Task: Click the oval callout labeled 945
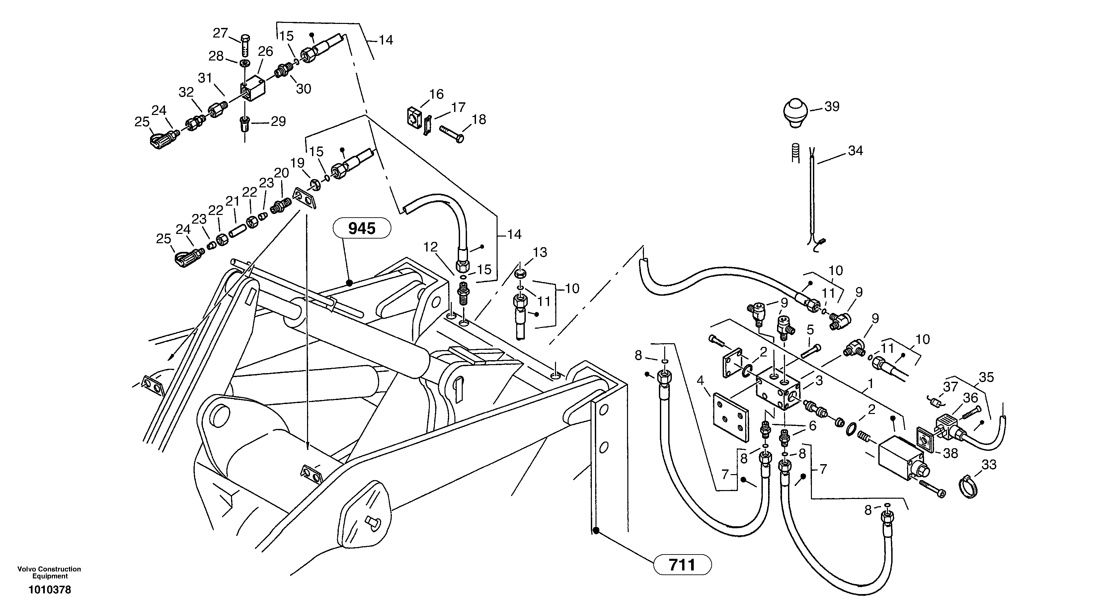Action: [x=361, y=228]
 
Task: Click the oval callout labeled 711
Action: [x=682, y=564]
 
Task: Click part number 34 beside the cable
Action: [x=855, y=151]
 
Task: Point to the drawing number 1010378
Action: [x=49, y=590]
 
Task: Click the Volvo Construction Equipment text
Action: [x=49, y=572]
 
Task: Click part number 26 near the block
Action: [x=265, y=51]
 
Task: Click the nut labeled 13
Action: [x=520, y=273]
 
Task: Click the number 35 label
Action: [x=986, y=377]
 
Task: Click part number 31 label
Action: [x=205, y=78]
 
